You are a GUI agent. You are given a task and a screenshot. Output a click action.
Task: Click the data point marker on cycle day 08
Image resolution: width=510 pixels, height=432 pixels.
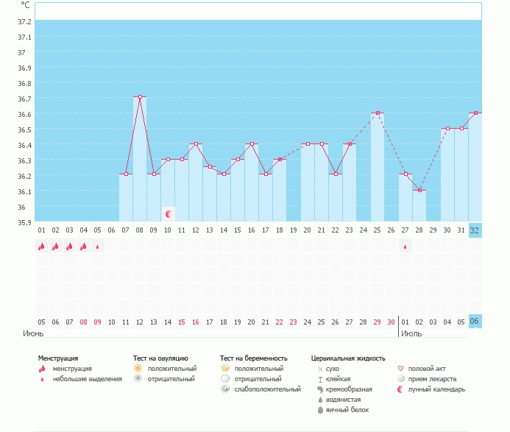(140, 96)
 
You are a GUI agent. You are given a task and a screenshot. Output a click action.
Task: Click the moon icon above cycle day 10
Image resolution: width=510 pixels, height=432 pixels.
(169, 214)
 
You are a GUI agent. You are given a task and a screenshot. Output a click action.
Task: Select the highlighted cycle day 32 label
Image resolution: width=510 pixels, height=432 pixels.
(475, 230)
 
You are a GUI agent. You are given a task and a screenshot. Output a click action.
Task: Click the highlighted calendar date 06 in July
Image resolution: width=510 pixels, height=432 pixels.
(475, 322)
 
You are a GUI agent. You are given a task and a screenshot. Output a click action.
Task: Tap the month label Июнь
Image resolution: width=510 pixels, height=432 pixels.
(33, 333)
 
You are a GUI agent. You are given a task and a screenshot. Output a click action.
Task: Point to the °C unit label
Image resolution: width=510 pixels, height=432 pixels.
(25, 5)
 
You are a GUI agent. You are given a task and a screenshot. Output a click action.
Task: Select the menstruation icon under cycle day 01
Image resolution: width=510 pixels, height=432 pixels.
(41, 247)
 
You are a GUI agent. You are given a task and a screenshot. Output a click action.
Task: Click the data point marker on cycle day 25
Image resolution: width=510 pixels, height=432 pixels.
(378, 113)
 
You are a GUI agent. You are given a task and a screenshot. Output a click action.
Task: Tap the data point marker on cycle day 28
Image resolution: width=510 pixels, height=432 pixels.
(419, 191)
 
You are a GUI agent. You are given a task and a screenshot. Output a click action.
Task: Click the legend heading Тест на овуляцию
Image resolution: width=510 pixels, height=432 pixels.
(160, 358)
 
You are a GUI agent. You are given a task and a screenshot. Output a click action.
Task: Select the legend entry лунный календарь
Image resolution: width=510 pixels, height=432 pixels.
(436, 389)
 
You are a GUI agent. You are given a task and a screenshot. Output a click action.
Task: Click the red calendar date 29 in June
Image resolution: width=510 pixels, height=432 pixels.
(377, 322)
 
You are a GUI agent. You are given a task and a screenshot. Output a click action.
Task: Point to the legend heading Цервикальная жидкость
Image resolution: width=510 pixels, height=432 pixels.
(347, 358)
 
